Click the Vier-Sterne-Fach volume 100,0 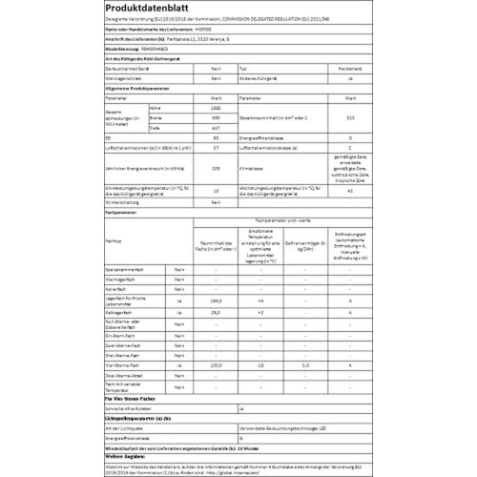(x=215, y=365)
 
